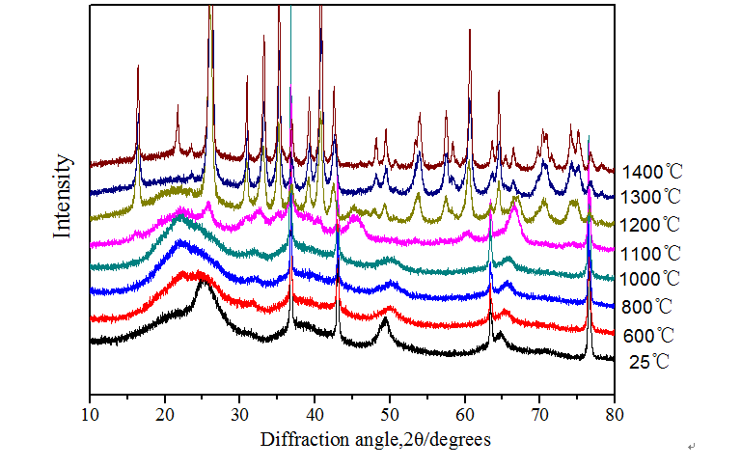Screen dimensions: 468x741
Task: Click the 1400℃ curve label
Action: click(653, 173)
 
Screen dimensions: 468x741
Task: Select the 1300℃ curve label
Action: click(653, 197)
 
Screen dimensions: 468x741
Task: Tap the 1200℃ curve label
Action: click(653, 225)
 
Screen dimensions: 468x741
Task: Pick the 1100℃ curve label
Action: click(653, 254)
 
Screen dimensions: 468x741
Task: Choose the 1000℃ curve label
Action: click(653, 280)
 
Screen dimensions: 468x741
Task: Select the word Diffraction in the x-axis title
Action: click(297, 439)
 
